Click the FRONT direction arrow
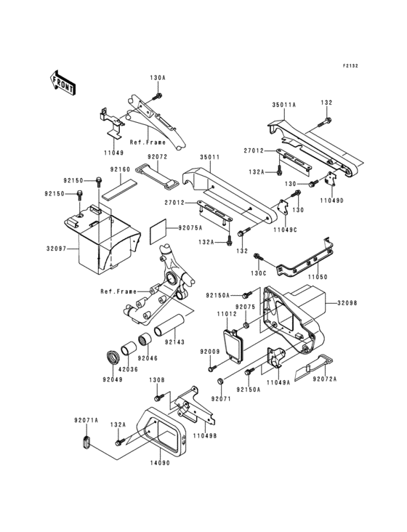[63, 81]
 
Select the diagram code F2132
[351, 65]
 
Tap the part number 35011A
[284, 105]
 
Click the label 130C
[259, 274]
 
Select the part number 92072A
[325, 378]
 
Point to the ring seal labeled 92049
[114, 356]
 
